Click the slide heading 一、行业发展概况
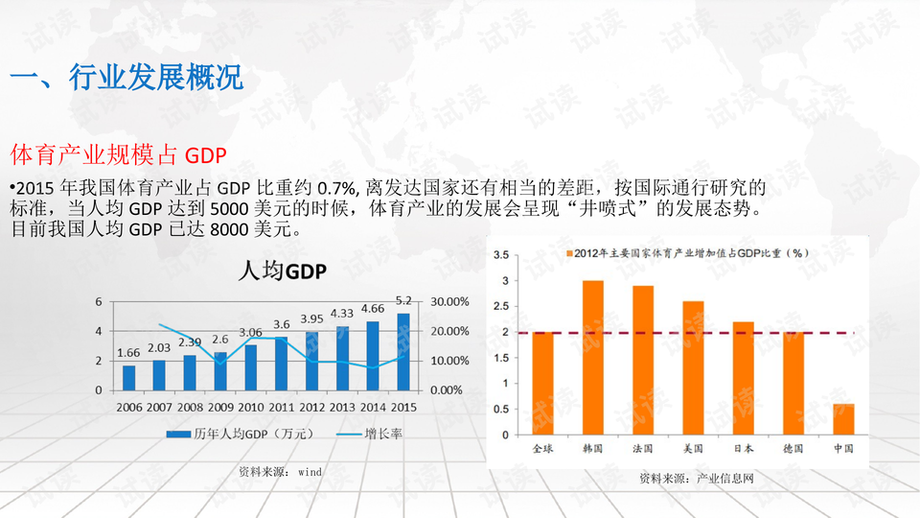point(126,78)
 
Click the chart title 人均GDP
point(282,271)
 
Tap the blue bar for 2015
point(403,352)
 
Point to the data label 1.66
point(128,353)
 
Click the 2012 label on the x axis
point(312,407)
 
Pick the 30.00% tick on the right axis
point(449,301)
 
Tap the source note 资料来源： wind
point(280,472)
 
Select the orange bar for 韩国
point(593,357)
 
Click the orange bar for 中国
point(843,419)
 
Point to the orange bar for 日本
point(744,378)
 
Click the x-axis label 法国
point(643,448)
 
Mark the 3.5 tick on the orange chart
point(500,255)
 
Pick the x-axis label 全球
point(543,448)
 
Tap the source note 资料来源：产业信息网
point(697,478)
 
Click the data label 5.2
point(403,300)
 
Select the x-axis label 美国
point(693,448)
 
